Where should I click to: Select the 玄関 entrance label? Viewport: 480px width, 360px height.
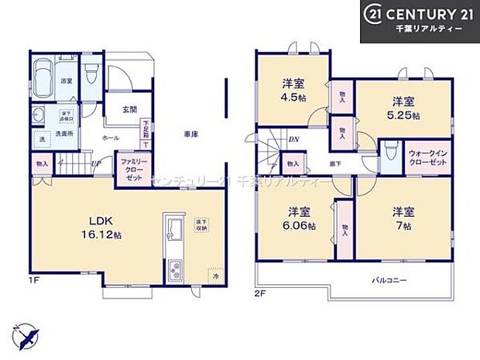(x=129, y=108)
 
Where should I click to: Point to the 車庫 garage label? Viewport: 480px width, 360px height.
(x=192, y=135)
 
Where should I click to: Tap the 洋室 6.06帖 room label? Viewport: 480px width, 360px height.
(x=301, y=218)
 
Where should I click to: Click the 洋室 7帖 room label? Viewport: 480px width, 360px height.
(x=402, y=218)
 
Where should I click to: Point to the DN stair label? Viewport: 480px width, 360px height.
(x=295, y=139)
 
